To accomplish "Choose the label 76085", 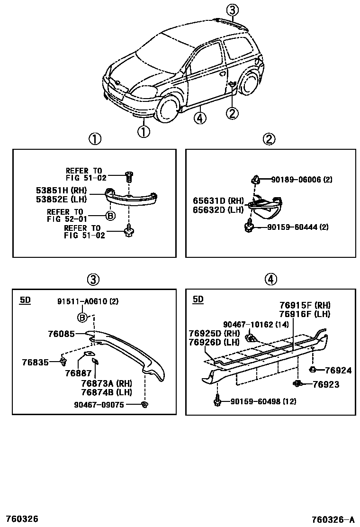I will [61, 334].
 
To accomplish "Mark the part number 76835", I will [35, 363].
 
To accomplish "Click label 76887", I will [78, 373].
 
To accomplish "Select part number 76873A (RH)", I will [106, 383].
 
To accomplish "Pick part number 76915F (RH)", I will [305, 305].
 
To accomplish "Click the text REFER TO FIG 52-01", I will [65, 216].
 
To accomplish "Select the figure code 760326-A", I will [333, 518].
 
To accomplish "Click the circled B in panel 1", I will [110, 216].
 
